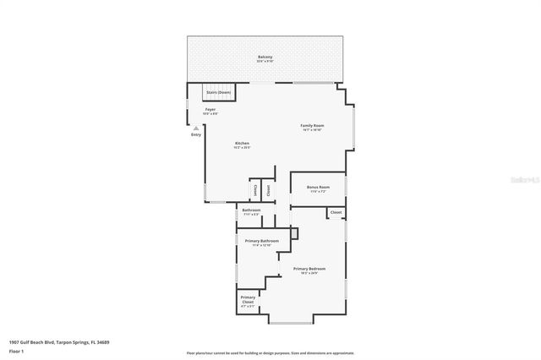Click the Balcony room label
265,57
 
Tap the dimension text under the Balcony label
265,62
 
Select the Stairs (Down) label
218,92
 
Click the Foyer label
210,109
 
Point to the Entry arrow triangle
196,128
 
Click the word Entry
196,134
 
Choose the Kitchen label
242,144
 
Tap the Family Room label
312,125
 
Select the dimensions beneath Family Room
312,130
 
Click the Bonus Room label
318,187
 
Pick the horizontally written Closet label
336,212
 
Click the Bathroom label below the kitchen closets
251,210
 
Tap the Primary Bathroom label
262,242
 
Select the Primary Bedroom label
309,269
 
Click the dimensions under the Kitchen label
242,148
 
